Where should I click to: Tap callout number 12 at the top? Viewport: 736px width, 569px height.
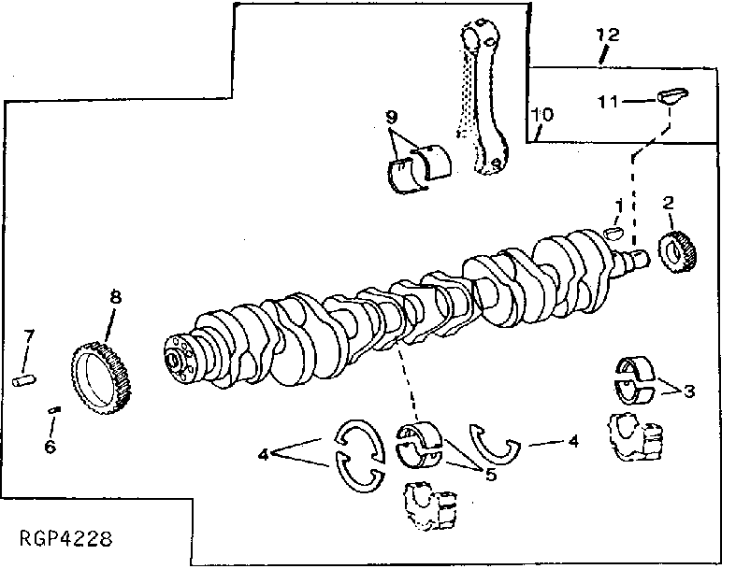pyautogui.click(x=607, y=35)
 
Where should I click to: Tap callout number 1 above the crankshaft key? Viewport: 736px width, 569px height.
pyautogui.click(x=618, y=204)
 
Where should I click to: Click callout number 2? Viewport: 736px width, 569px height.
pyautogui.click(x=669, y=202)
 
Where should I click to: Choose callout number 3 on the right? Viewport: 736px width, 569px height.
pyautogui.click(x=688, y=391)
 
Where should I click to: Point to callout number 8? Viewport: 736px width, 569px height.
pyautogui.click(x=115, y=297)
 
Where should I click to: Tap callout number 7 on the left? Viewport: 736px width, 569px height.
pyautogui.click(x=29, y=334)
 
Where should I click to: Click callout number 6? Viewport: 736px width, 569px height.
pyautogui.click(x=50, y=446)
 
